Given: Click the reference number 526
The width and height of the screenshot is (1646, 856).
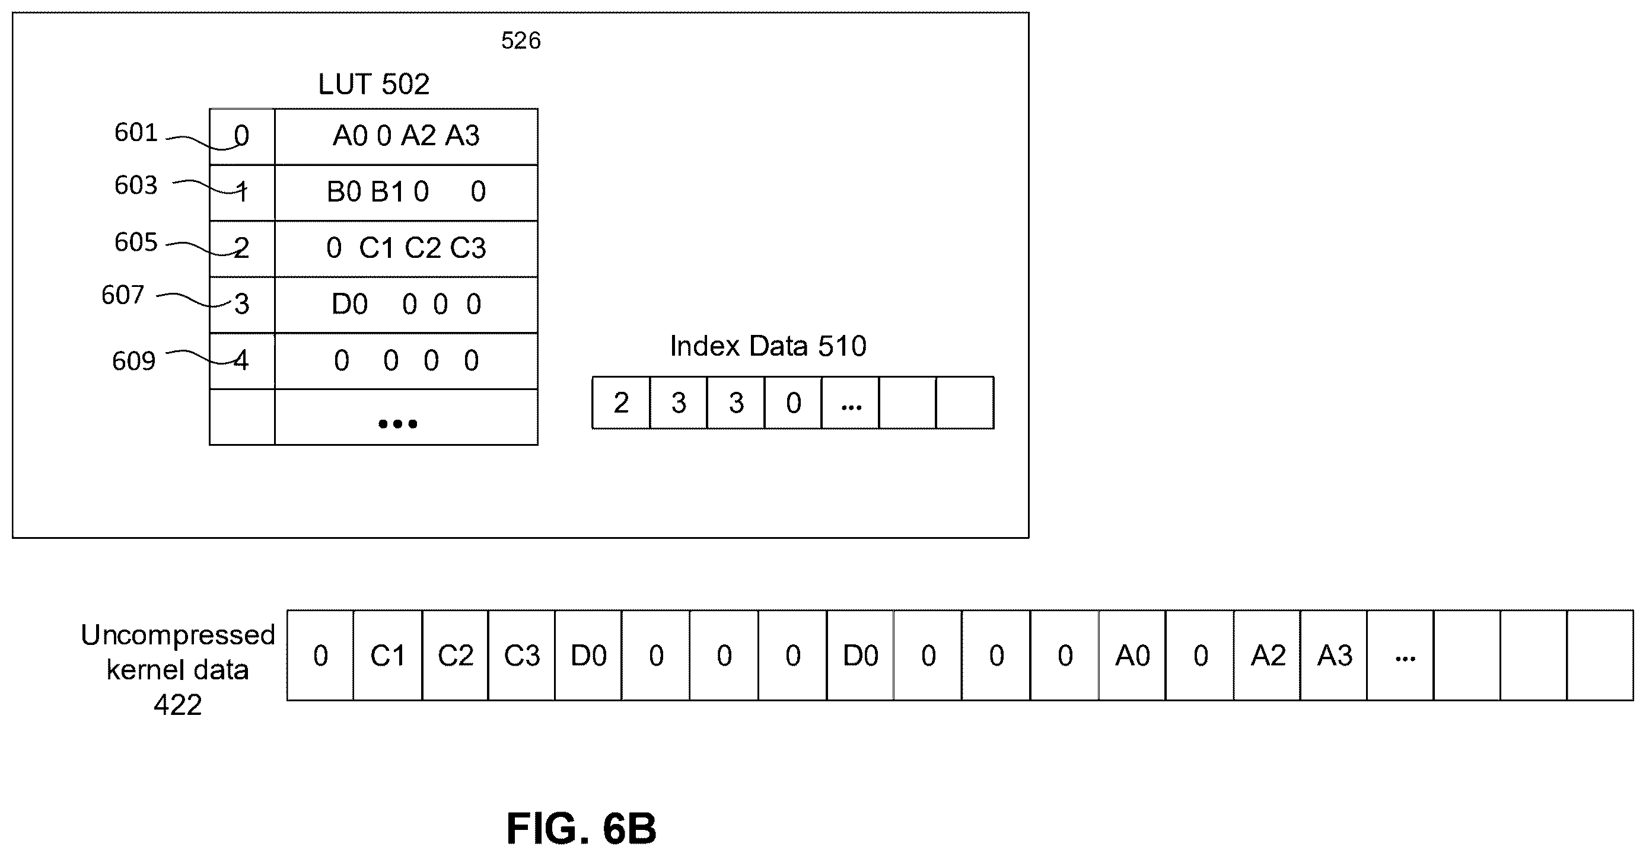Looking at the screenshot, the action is (521, 41).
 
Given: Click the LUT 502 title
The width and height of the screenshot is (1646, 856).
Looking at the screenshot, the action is (374, 84).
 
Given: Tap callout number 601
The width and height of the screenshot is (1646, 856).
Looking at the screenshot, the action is (135, 133).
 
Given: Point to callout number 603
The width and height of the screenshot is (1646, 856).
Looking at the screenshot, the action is (135, 186).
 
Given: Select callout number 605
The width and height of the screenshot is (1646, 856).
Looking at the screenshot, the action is (135, 242).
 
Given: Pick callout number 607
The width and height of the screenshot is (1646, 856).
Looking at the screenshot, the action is (123, 295).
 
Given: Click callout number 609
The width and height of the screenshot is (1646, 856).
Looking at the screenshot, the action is (133, 362).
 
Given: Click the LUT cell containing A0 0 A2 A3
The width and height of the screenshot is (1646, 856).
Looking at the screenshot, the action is (406, 137).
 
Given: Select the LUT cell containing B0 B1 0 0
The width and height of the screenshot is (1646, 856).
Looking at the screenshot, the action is (406, 193).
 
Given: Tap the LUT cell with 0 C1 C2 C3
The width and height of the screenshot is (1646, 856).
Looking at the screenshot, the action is (406, 249).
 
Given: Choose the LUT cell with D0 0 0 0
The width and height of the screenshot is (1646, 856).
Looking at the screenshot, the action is (406, 305).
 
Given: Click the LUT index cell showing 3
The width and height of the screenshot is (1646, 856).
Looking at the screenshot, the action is (242, 305).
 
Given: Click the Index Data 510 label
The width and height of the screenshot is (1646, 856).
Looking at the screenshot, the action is (768, 346).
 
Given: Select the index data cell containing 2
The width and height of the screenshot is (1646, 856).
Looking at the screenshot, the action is (621, 403).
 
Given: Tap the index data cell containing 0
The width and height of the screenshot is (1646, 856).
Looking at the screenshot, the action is (793, 403).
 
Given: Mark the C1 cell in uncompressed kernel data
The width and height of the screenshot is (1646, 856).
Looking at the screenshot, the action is (388, 656).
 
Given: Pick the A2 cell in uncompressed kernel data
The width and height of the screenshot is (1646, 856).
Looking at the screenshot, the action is (1268, 656).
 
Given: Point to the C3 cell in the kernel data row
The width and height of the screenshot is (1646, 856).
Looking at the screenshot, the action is (522, 656).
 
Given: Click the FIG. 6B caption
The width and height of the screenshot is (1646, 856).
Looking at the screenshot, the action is (581, 829).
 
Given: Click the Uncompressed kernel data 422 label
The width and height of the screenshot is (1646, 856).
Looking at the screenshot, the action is (177, 669).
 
